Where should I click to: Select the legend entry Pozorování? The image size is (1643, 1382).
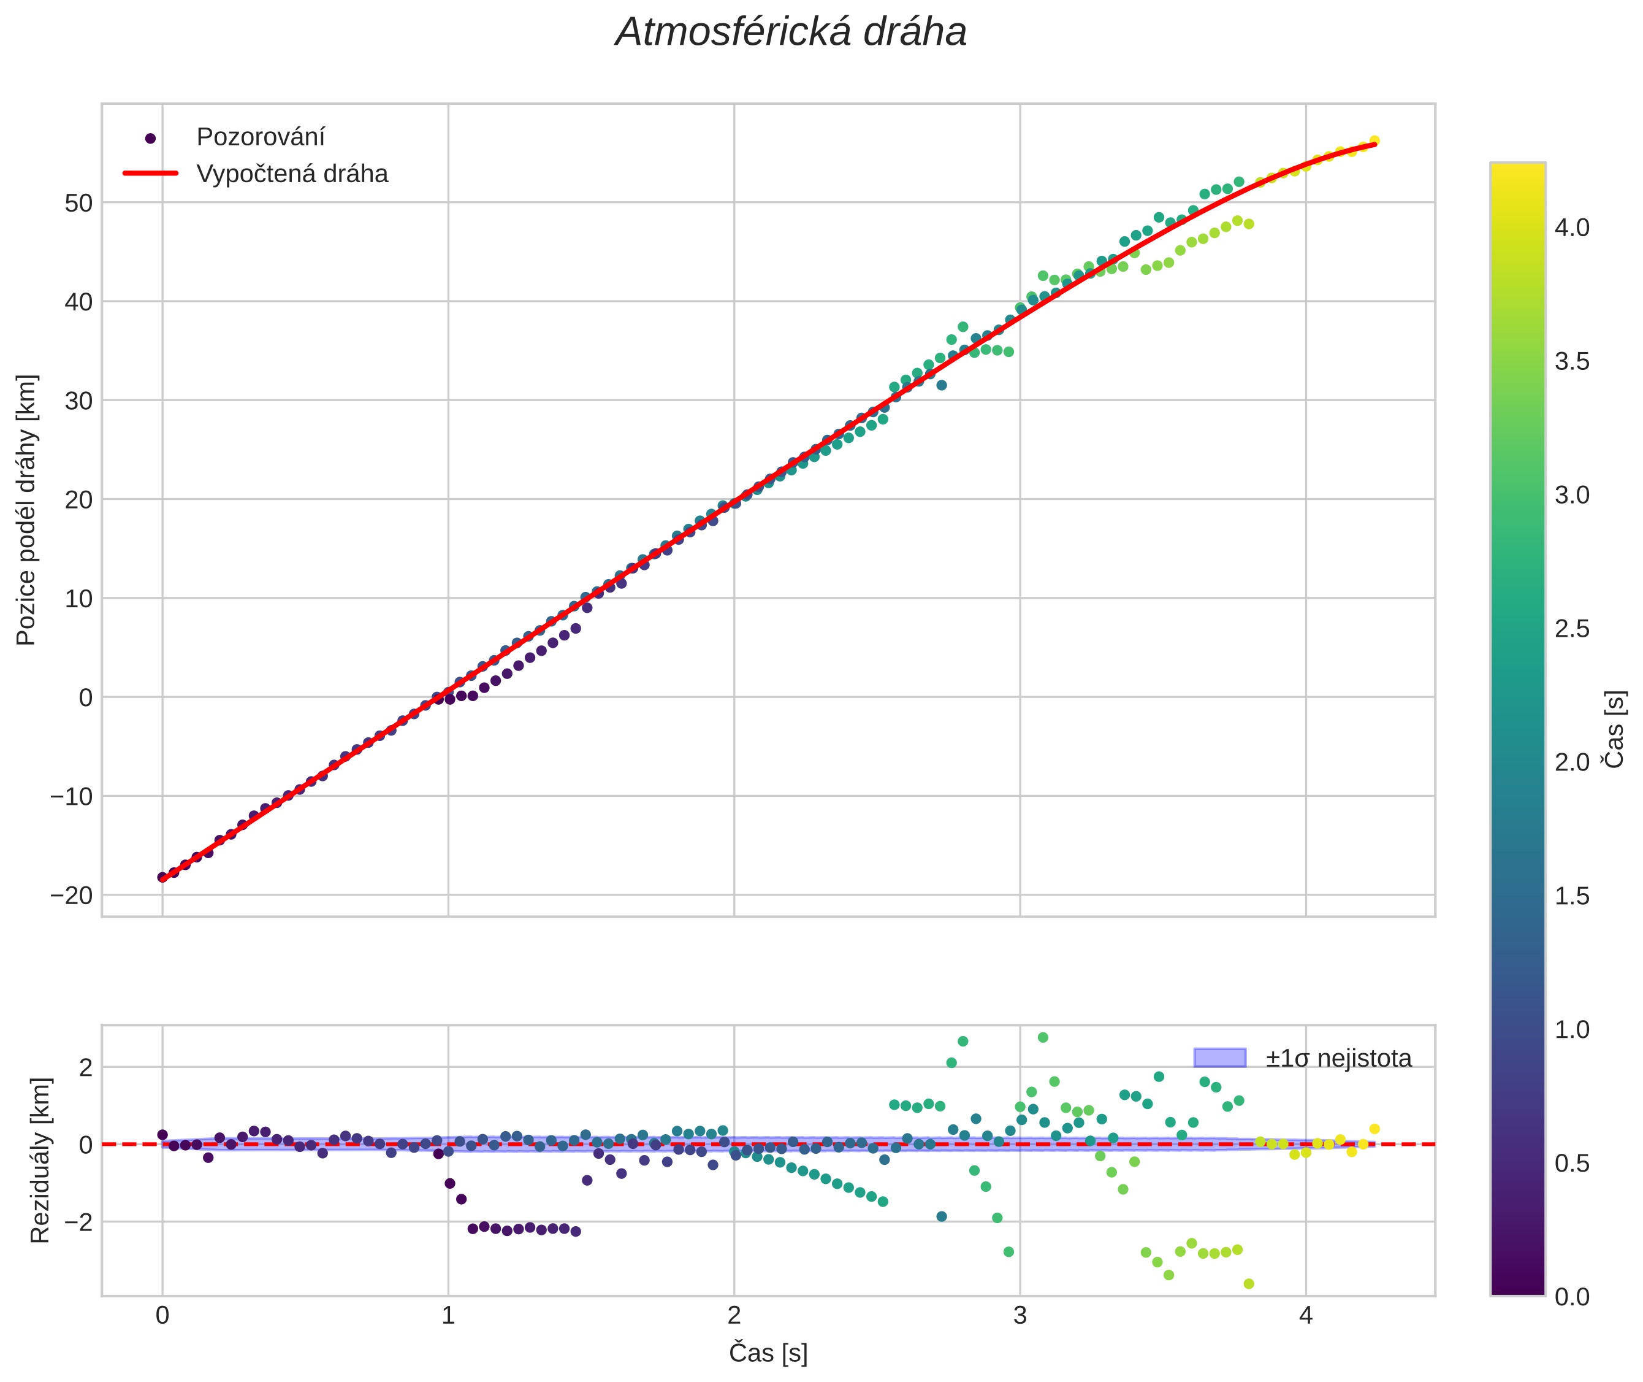pyautogui.click(x=260, y=137)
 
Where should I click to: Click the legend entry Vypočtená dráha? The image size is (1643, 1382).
pyautogui.click(x=291, y=174)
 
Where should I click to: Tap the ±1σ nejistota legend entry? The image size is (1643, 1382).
pyautogui.click(x=1338, y=1059)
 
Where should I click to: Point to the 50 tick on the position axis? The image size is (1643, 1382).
pyautogui.click(x=78, y=203)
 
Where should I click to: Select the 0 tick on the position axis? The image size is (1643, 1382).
pyautogui.click(x=85, y=698)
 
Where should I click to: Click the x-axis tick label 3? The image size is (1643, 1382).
pyautogui.click(x=1020, y=1315)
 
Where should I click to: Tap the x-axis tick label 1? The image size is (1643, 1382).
pyautogui.click(x=448, y=1315)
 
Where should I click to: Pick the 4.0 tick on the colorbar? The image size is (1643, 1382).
pyautogui.click(x=1572, y=228)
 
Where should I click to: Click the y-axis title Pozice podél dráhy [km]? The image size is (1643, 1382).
pyautogui.click(x=26, y=510)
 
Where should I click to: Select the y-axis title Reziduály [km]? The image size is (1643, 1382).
pyautogui.click(x=40, y=1161)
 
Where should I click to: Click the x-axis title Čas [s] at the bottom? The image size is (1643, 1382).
pyautogui.click(x=768, y=1353)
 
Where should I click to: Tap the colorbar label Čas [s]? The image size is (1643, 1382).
pyautogui.click(x=1615, y=729)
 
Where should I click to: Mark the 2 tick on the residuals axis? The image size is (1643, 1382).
pyautogui.click(x=85, y=1068)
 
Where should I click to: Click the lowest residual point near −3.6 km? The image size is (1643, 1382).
pyautogui.click(x=1248, y=1284)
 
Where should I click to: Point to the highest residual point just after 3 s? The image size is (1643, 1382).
pyautogui.click(x=1042, y=1037)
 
